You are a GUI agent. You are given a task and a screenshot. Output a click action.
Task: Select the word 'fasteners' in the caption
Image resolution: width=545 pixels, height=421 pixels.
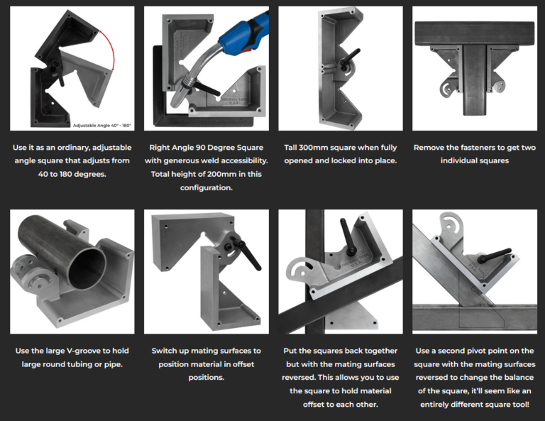click(x=479, y=148)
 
